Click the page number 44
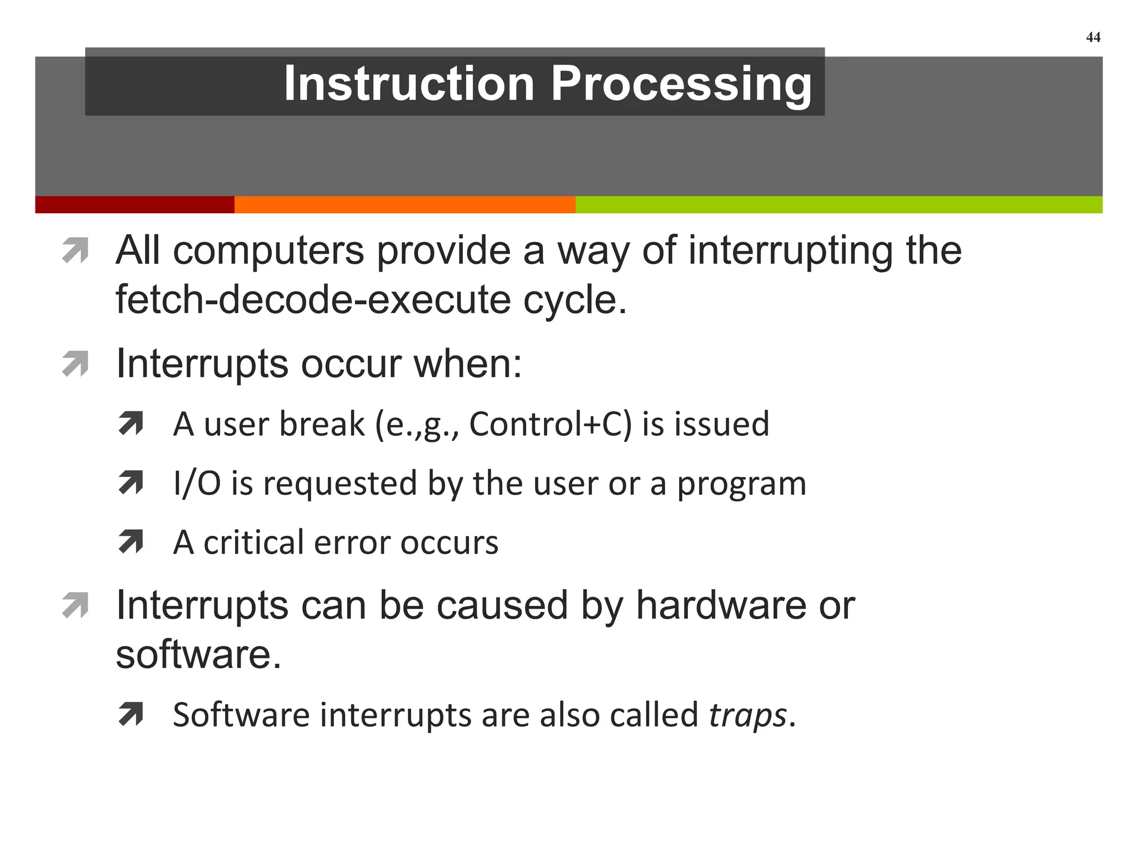pyautogui.click(x=1092, y=37)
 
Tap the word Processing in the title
pyautogui.click(x=681, y=84)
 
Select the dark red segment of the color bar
pyautogui.click(x=134, y=204)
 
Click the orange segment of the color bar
pyautogui.click(x=405, y=204)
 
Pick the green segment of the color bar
pyautogui.click(x=838, y=204)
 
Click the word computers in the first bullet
pyautogui.click(x=269, y=251)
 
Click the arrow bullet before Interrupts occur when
pyautogui.click(x=76, y=364)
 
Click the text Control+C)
pyautogui.click(x=551, y=424)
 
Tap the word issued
pyautogui.click(x=722, y=424)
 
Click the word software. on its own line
pyautogui.click(x=198, y=654)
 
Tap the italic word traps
pyautogui.click(x=747, y=715)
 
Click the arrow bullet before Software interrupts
pyautogui.click(x=131, y=714)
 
